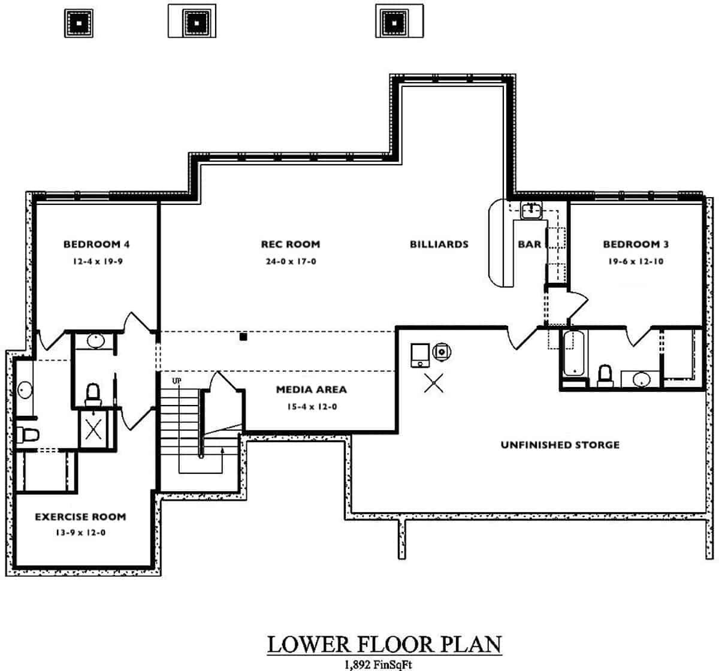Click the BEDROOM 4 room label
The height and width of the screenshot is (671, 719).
tap(96, 244)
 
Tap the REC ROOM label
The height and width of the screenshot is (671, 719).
tap(290, 244)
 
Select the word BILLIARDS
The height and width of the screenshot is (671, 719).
tap(439, 244)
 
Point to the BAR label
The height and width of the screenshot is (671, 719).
tap(529, 244)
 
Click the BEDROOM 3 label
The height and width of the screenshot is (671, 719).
tap(636, 244)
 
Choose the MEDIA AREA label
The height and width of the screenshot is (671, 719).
tap(311, 389)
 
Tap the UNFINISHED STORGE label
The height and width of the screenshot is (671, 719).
tap(560, 445)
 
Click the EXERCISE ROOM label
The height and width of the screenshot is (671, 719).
tap(80, 516)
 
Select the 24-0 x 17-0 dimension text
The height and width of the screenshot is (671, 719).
tap(291, 261)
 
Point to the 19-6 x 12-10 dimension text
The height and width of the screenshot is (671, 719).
tap(636, 261)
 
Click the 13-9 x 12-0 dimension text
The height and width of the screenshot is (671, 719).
tap(80, 533)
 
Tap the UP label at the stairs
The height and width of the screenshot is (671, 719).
tap(177, 380)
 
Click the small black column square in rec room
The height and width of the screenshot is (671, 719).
tap(243, 337)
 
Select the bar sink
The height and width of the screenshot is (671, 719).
tap(531, 210)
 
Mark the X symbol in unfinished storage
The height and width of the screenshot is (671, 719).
tap(433, 383)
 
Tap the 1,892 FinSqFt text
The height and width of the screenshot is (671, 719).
tap(378, 664)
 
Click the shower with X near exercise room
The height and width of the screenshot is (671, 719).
tap(93, 429)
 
